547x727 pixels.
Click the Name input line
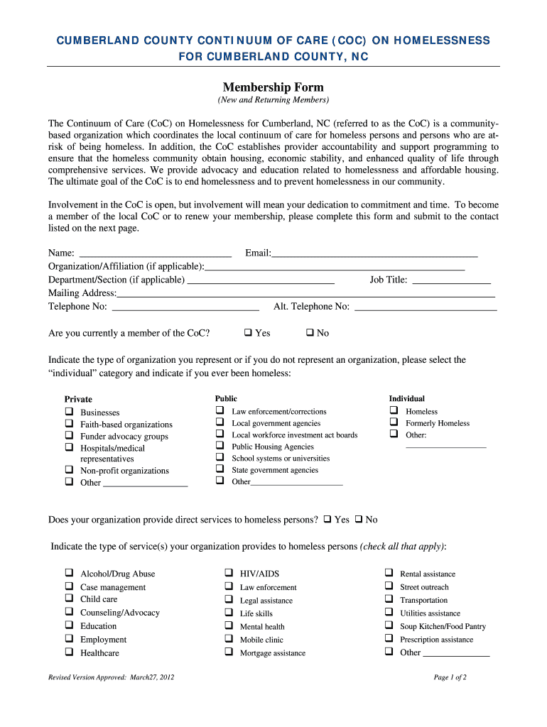[155, 253]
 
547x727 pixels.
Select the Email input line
[374, 253]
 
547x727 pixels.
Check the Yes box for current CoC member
[248, 332]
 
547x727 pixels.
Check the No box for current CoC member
[310, 332]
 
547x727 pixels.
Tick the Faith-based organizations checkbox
[69, 424]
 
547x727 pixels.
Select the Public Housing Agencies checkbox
[220, 446]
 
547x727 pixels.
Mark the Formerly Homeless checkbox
[393, 422]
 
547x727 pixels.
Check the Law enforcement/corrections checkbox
[220, 411]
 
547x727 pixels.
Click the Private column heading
[78, 399]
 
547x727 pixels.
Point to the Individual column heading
[406, 398]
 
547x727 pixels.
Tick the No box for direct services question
[359, 519]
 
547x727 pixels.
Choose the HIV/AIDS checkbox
[229, 572]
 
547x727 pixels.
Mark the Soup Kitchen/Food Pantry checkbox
[389, 625]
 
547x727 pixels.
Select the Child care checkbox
[69, 598]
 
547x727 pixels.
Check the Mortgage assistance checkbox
[229, 652]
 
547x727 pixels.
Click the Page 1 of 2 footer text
[450, 677]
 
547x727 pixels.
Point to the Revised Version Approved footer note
[111, 677]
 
